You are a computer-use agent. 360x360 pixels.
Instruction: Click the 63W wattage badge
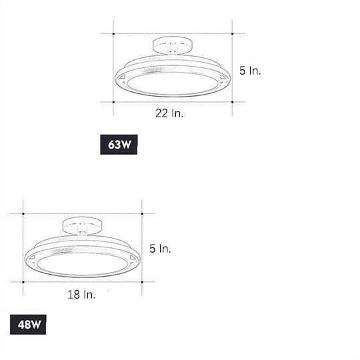tap(119, 146)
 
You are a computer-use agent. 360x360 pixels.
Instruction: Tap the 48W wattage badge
tap(27, 326)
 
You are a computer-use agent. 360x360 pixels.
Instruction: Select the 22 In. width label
tap(169, 113)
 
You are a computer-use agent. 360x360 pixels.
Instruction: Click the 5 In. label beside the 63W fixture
tap(250, 69)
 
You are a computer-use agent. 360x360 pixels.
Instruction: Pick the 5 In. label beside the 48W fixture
tap(160, 249)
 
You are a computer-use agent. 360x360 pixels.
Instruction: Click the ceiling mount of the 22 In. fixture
tap(172, 48)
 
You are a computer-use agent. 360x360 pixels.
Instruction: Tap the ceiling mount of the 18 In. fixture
tap(81, 227)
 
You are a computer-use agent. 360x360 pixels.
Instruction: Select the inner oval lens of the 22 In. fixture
tap(172, 84)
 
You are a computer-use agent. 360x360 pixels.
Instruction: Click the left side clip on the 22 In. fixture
tap(124, 79)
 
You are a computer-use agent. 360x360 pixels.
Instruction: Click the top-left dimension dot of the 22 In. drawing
tap(113, 33)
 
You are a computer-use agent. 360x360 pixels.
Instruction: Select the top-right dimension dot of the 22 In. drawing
tap(232, 33)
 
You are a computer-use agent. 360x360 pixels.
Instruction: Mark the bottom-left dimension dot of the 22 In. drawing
tap(113, 102)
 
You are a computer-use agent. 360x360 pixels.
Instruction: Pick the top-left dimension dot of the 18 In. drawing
tap(23, 214)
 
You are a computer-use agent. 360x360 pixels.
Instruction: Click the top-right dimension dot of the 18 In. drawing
tap(142, 214)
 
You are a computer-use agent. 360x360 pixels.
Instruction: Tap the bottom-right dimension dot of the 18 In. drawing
tap(142, 282)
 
